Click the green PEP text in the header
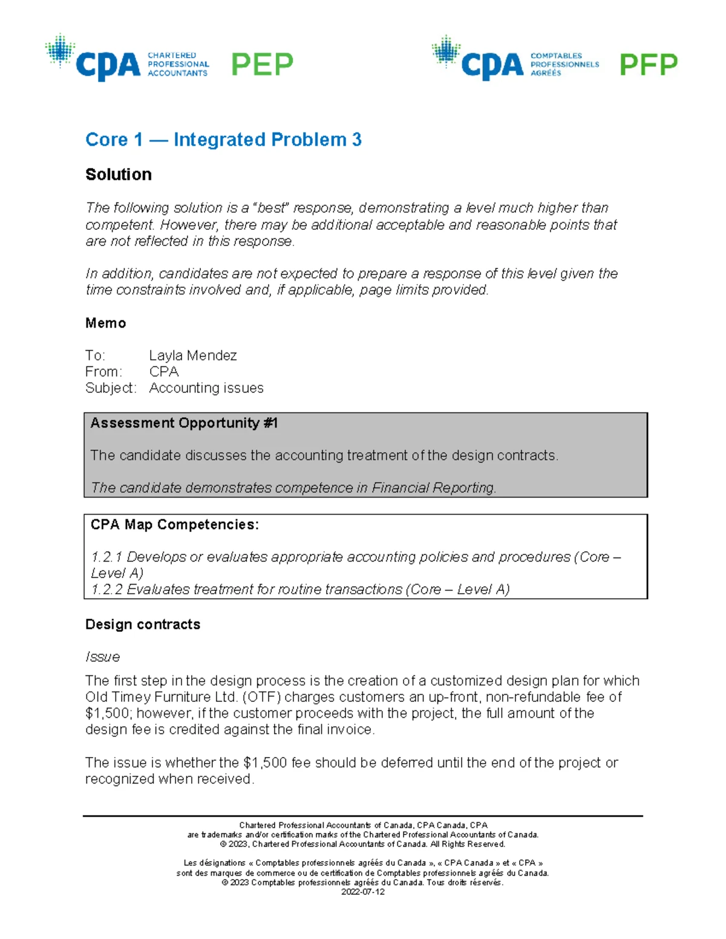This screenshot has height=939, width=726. coord(262,64)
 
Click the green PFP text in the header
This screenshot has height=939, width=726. coord(648,65)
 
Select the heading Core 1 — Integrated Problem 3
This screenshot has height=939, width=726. coord(223,140)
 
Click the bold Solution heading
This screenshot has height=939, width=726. coord(119,175)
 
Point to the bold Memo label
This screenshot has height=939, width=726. coord(106,323)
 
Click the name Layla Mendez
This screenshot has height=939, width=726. coord(193,356)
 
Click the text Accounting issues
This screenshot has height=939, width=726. coord(206,388)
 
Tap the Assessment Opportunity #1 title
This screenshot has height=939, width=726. coord(184,423)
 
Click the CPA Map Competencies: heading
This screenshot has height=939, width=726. coord(174,525)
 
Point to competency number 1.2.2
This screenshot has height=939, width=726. coord(106,590)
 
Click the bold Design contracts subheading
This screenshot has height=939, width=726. coord(143,625)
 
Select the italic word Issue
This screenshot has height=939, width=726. coord(103,657)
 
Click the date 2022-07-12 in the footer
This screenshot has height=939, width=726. coord(363,892)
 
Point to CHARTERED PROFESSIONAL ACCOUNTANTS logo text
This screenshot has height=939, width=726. coord(178,64)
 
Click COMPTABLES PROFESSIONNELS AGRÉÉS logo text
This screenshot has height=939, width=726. coord(564,64)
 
